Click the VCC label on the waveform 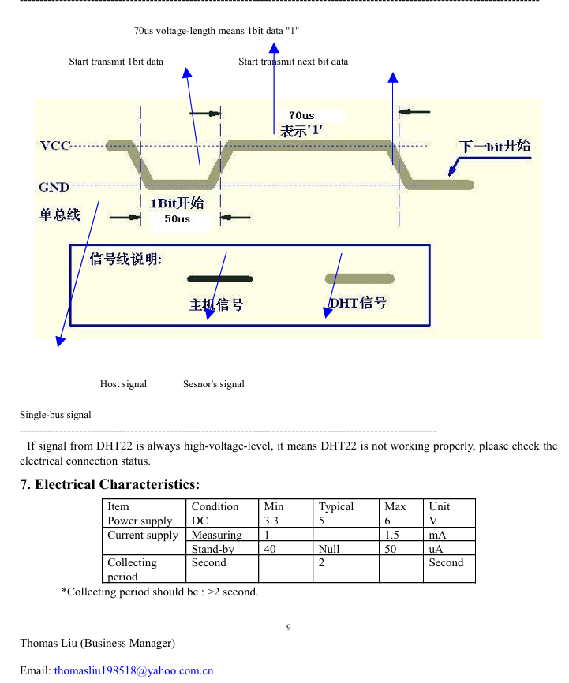pyautogui.click(x=55, y=145)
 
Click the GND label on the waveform pyautogui.click(x=54, y=187)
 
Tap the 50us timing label pyautogui.click(x=177, y=218)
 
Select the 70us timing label pyautogui.click(x=301, y=115)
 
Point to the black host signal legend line pyautogui.click(x=219, y=278)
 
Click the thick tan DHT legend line pyautogui.click(x=360, y=278)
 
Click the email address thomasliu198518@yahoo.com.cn pyautogui.click(x=134, y=670)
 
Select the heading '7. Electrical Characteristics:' pyautogui.click(x=110, y=484)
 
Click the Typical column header pyautogui.click(x=335, y=506)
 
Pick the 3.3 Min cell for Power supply pyautogui.click(x=271, y=521)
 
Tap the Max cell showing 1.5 pyautogui.click(x=391, y=535)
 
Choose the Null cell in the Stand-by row pyautogui.click(x=329, y=549)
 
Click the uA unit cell pyautogui.click(x=436, y=549)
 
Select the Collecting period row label pyautogui.click(x=132, y=569)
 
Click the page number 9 pyautogui.click(x=289, y=627)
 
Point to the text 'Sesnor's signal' pyautogui.click(x=214, y=384)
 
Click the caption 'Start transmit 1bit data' pyautogui.click(x=116, y=62)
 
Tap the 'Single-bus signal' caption pyautogui.click(x=55, y=415)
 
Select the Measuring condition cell pyautogui.click(x=217, y=535)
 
